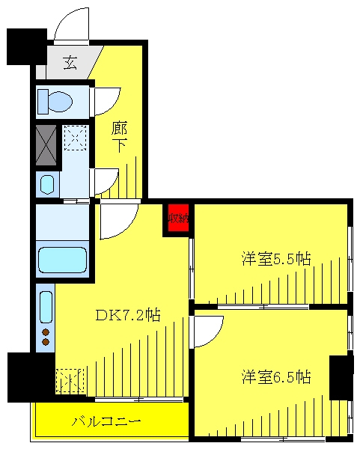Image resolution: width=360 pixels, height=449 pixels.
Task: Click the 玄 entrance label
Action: click(x=70, y=64)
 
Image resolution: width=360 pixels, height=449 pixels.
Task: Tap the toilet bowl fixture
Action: click(x=55, y=102)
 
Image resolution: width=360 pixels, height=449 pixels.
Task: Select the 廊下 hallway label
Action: click(x=119, y=137)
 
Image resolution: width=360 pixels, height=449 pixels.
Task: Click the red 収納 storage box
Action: click(x=178, y=218)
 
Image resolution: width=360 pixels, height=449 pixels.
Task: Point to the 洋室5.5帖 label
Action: click(x=276, y=259)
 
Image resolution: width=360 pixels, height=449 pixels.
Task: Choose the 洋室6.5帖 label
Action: click(x=276, y=377)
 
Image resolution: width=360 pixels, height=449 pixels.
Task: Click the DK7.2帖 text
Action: click(x=127, y=315)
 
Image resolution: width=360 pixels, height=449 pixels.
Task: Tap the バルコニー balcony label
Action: click(x=106, y=421)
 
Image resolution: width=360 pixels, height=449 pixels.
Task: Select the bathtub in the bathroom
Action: click(x=62, y=260)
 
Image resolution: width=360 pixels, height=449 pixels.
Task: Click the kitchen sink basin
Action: click(x=46, y=307)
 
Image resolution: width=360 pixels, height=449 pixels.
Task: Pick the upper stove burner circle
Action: click(x=46, y=332)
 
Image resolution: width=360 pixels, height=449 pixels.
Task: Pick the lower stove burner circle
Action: click(x=46, y=342)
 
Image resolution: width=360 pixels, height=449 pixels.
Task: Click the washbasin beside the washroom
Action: click(x=47, y=184)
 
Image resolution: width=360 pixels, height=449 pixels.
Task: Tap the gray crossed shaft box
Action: click(x=46, y=145)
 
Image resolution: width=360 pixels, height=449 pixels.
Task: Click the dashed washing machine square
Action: click(x=75, y=138)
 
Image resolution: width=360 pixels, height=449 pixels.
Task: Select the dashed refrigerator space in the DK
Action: click(x=70, y=381)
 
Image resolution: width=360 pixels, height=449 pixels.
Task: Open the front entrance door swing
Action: click(x=72, y=25)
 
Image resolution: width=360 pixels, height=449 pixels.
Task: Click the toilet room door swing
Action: click(x=106, y=102)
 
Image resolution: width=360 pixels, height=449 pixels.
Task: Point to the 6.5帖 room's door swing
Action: click(x=207, y=332)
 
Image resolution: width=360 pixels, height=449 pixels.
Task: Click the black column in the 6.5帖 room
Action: click(x=339, y=377)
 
